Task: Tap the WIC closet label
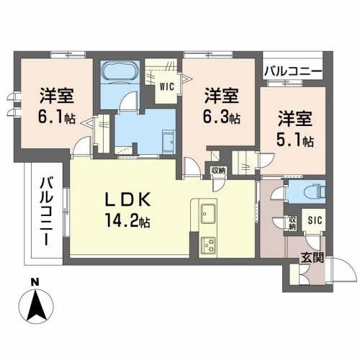166,87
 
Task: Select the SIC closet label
315,221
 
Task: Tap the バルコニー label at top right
293,70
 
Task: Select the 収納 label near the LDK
217,171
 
